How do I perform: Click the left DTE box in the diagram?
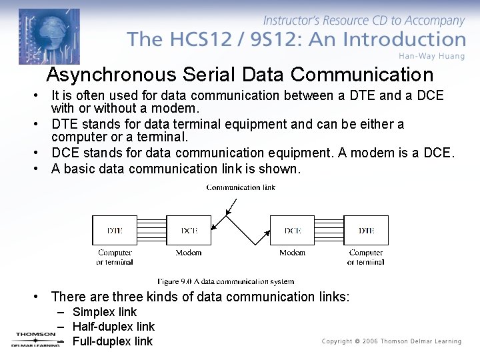[115, 230]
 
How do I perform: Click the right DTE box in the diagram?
[366, 230]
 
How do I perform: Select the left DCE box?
[189, 230]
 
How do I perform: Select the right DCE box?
[292, 230]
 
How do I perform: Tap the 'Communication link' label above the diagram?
[241, 187]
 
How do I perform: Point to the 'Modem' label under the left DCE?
[189, 253]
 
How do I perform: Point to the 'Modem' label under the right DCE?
[292, 253]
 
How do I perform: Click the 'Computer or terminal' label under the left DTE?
[115, 257]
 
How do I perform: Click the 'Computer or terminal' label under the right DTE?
[366, 257]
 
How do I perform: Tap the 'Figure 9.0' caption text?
[225, 281]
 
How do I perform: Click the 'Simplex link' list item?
[104, 312]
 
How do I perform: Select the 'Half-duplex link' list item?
[113, 327]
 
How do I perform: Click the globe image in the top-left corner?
[49, 35]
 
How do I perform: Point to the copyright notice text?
[391, 341]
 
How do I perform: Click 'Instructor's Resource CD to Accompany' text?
[364, 21]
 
